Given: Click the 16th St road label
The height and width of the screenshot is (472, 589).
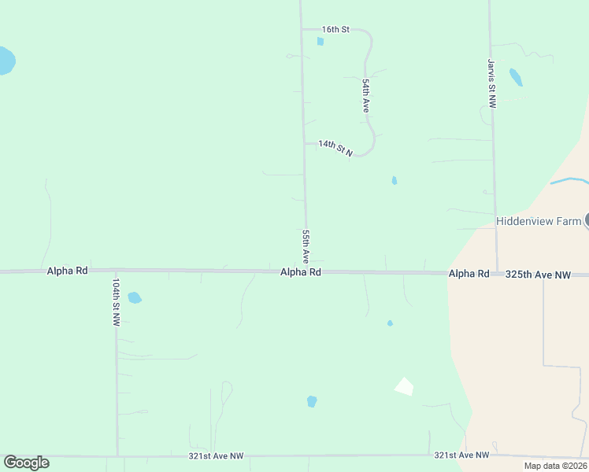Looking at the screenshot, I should click(335, 29).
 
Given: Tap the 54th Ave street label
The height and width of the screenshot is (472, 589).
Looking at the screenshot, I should click(366, 94).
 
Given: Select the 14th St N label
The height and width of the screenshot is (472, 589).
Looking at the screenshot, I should click(335, 147).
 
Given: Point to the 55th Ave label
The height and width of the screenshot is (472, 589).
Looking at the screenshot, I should click(306, 246).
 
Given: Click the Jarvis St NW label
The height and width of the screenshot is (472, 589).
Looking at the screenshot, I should click(491, 83).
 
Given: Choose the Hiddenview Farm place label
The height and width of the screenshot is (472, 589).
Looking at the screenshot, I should click(538, 221).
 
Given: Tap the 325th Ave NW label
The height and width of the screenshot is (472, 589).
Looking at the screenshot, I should click(538, 275).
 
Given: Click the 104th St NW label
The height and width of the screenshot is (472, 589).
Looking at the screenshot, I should click(116, 302).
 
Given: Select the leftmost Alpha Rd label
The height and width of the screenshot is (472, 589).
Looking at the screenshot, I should click(67, 270).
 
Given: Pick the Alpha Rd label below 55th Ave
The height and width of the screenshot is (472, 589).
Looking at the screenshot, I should click(301, 272).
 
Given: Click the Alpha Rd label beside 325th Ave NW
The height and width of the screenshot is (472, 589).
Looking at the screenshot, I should click(469, 274).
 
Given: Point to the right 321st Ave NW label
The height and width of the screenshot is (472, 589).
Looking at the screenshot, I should click(461, 455).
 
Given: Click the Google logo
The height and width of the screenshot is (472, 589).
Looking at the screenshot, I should click(26, 463).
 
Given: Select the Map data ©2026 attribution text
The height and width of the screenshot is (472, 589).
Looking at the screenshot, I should click(555, 466).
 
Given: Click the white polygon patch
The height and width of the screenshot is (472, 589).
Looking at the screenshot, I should click(404, 385).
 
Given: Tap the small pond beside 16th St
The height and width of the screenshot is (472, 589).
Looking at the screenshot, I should click(320, 41).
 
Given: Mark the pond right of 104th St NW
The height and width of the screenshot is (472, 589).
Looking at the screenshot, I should click(135, 298).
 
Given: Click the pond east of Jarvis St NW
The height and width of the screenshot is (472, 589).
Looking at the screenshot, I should click(516, 77).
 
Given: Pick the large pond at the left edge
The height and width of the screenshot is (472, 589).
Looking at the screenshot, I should click(5, 61).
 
